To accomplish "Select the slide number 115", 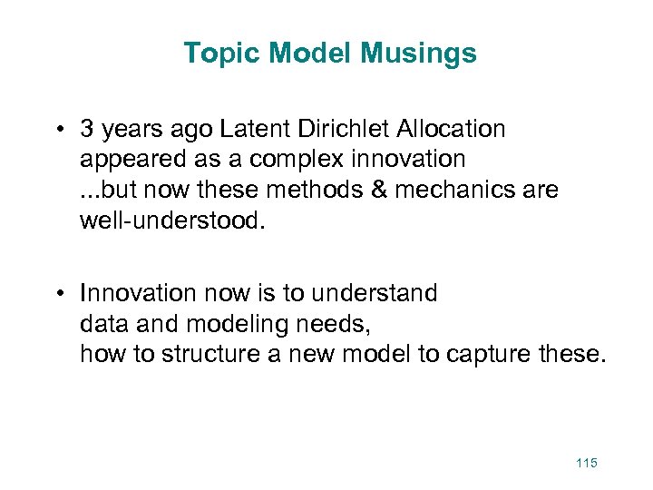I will pos(586,464).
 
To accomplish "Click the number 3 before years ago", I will pos(87,130).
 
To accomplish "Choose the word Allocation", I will pos(450,130).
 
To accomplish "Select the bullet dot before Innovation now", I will pos(58,294).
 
